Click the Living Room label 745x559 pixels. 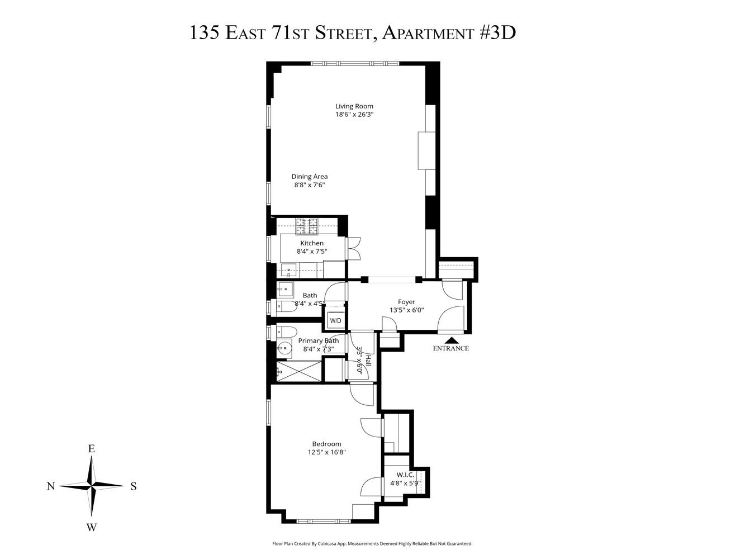(354, 106)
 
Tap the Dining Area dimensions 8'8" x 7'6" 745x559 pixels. (309, 185)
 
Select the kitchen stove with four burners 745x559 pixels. (306, 226)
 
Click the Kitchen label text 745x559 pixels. (312, 243)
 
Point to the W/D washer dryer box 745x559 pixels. (335, 321)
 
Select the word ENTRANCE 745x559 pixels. (450, 348)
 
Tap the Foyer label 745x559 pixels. (406, 302)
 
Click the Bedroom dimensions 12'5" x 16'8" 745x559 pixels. (327, 453)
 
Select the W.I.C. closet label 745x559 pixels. (405, 475)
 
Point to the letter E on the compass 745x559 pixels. (91, 449)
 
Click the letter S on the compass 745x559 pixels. (134, 486)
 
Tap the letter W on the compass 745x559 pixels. (92, 527)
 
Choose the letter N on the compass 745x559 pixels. (50, 486)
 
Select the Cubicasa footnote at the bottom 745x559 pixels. (372, 543)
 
